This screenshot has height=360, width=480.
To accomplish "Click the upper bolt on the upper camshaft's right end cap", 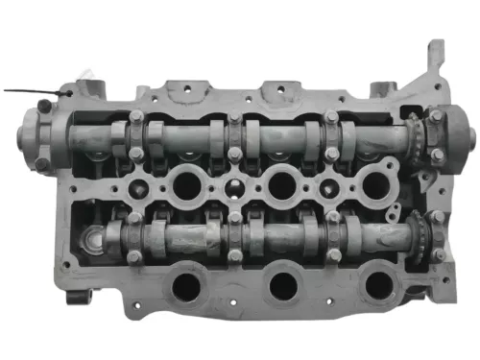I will (x=437, y=117).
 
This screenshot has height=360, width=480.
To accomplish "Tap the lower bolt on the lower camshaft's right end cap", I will (x=438, y=254).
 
